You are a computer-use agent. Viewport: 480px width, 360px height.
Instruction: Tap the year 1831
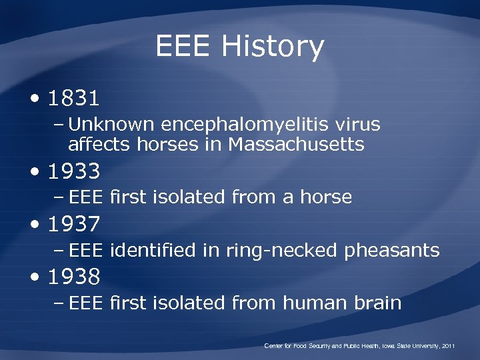point(74,99)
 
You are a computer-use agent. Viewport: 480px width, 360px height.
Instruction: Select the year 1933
point(74,172)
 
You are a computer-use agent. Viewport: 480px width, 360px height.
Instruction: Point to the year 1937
point(74,224)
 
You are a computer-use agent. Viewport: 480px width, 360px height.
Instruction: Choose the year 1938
point(74,276)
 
